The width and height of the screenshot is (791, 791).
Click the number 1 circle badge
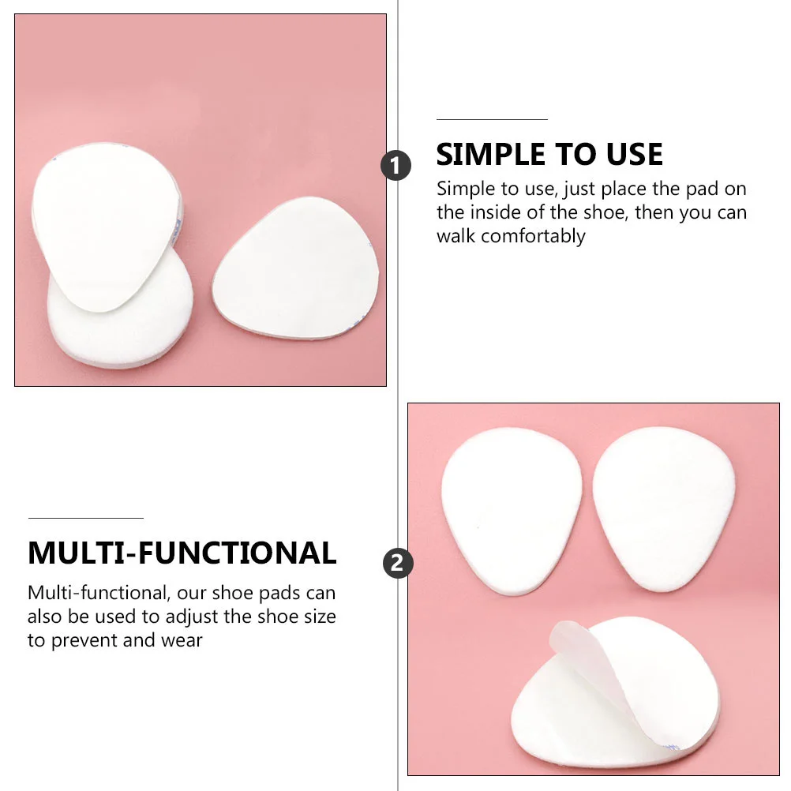click(396, 166)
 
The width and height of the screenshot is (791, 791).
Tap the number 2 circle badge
click(398, 564)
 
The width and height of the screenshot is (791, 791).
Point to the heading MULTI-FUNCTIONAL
click(182, 553)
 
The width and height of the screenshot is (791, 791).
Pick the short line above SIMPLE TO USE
click(492, 119)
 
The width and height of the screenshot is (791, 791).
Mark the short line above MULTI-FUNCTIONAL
click(85, 518)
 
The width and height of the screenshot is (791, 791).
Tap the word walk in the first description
click(455, 236)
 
